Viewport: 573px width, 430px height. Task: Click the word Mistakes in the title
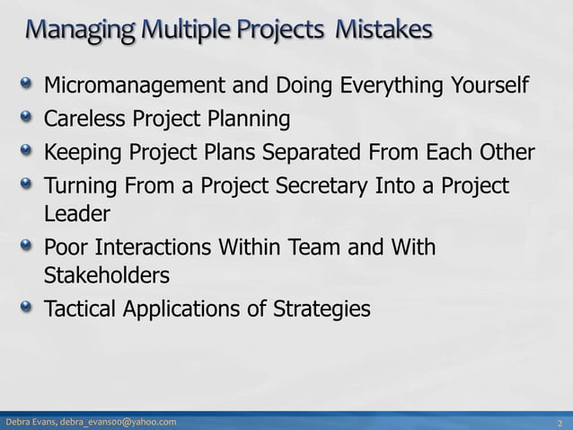pyautogui.click(x=383, y=31)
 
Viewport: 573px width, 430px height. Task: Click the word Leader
pyautogui.click(x=77, y=214)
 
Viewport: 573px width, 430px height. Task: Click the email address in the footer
pyautogui.click(x=119, y=422)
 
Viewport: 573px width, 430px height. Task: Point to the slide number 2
pyautogui.click(x=560, y=422)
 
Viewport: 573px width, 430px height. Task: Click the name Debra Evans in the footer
pyautogui.click(x=31, y=422)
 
